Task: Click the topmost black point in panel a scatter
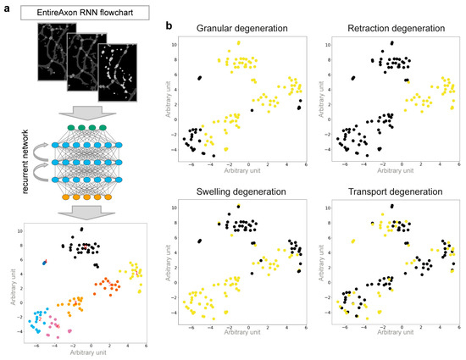(x=81, y=230)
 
